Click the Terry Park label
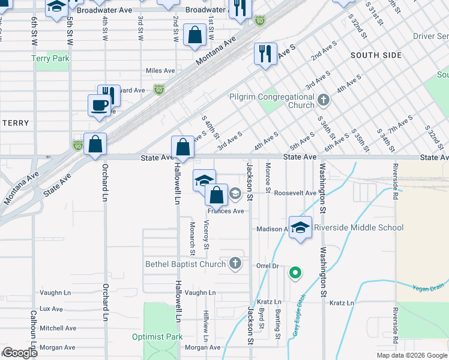pyautogui.click(x=52, y=59)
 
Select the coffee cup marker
pyautogui.click(x=100, y=106)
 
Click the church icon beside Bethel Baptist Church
pyautogui.click(x=235, y=263)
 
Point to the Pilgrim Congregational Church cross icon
pyautogui.click(x=324, y=100)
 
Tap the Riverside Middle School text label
pyautogui.click(x=358, y=228)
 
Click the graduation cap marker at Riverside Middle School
pyautogui.click(x=300, y=227)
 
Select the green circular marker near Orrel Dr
pyautogui.click(x=295, y=274)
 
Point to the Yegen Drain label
pyautogui.click(x=427, y=288)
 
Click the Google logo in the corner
pyautogui.click(x=20, y=353)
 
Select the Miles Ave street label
pyautogui.click(x=160, y=71)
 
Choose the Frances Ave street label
pyautogui.click(x=226, y=211)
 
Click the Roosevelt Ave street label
pyautogui.click(x=295, y=193)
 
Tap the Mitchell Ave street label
pyautogui.click(x=58, y=328)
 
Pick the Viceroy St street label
pyautogui.click(x=206, y=235)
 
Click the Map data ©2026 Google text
pyautogui.click(x=411, y=355)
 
